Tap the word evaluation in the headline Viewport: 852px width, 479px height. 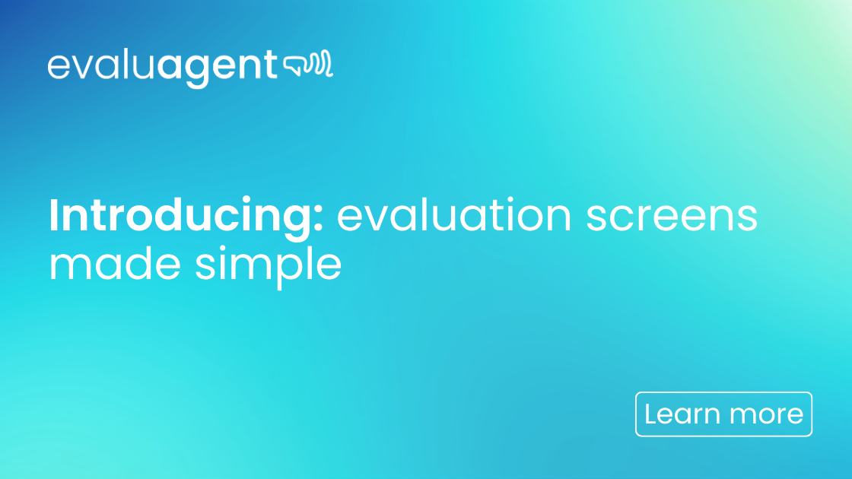pyautogui.click(x=454, y=217)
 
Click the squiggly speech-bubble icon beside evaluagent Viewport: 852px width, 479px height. pyautogui.click(x=308, y=66)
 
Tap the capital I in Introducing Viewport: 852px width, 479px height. pyautogui.click(x=54, y=216)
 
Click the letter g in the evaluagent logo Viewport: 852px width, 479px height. pyautogui.click(x=195, y=71)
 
